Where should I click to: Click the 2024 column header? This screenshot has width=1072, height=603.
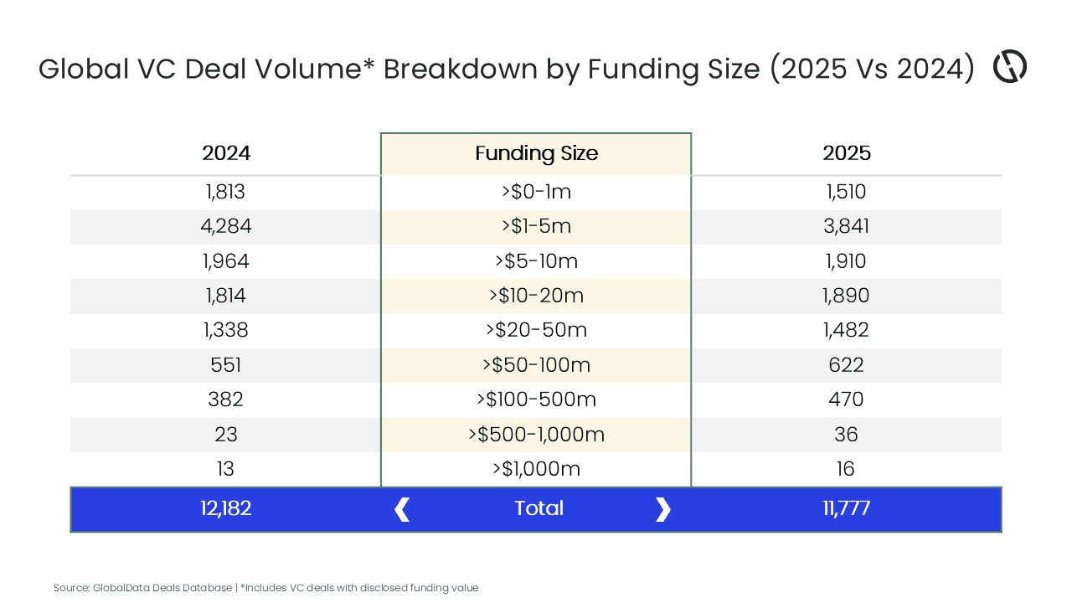click(226, 153)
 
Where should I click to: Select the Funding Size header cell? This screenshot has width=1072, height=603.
click(536, 153)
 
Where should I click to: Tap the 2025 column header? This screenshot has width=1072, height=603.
click(846, 153)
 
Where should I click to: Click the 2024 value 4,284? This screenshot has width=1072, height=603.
click(226, 226)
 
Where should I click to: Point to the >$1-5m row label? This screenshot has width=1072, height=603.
click(536, 226)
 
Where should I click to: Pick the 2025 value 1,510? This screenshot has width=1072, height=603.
click(846, 192)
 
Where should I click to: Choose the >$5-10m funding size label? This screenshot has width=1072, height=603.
click(536, 261)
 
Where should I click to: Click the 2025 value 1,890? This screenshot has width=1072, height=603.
click(846, 296)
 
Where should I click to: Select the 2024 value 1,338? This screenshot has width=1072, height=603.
click(226, 330)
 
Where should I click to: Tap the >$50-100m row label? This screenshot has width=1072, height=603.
click(536, 365)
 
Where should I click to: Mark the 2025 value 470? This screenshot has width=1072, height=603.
click(846, 399)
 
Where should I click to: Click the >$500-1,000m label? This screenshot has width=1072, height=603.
click(536, 435)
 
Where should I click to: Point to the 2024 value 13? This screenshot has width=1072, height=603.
click(226, 469)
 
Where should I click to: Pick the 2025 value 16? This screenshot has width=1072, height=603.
click(846, 469)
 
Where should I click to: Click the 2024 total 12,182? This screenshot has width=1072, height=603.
click(226, 508)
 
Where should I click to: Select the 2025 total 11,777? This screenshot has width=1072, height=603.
click(846, 508)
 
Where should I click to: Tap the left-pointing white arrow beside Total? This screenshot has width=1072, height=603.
click(402, 509)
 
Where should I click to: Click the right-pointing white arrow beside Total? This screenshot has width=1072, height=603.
click(662, 509)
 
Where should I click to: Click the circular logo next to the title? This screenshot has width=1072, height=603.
click(1010, 67)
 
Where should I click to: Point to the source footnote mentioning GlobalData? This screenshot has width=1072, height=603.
click(265, 588)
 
